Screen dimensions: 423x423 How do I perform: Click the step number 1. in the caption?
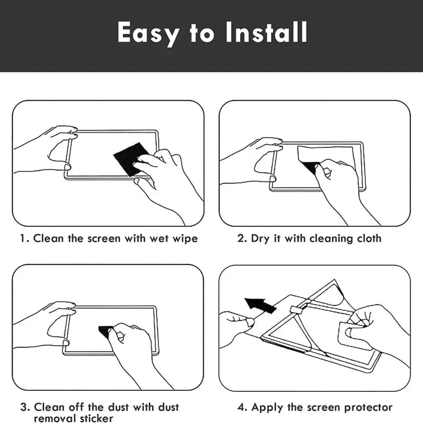pos(25,239)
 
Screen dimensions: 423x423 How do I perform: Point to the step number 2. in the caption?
pos(242,239)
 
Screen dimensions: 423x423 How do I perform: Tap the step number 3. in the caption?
pos(25,408)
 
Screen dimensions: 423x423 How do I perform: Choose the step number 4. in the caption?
pos(242,408)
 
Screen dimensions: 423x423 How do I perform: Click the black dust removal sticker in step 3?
pos(106,330)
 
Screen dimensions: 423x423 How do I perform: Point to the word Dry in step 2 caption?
pos(260,239)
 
